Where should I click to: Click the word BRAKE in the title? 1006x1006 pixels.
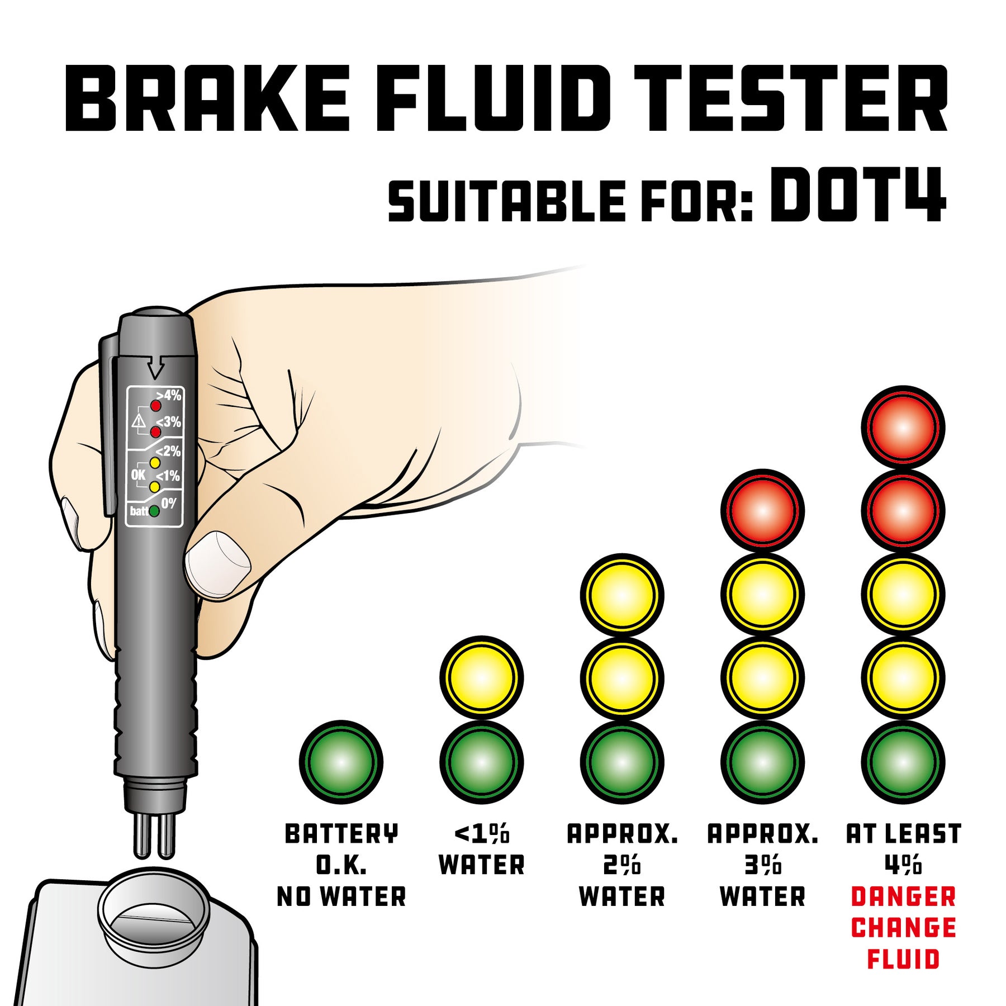tap(207, 98)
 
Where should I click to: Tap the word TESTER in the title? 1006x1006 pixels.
tap(790, 98)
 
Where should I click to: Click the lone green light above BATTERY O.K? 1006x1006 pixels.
tap(341, 762)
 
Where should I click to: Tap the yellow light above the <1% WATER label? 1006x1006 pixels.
tap(482, 678)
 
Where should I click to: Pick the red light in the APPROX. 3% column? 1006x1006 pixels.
tap(762, 511)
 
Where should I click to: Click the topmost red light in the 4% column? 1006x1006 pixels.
tap(903, 428)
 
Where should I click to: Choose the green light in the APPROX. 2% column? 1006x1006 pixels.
tap(622, 762)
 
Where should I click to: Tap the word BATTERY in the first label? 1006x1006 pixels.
tap(341, 834)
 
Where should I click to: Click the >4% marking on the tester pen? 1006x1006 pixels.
tap(169, 395)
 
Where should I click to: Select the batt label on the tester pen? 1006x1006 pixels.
tap(139, 511)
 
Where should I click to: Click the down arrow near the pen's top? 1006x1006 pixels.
tap(155, 368)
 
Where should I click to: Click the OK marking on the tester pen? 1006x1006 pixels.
tap(138, 475)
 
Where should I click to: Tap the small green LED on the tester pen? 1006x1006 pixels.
tap(154, 511)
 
